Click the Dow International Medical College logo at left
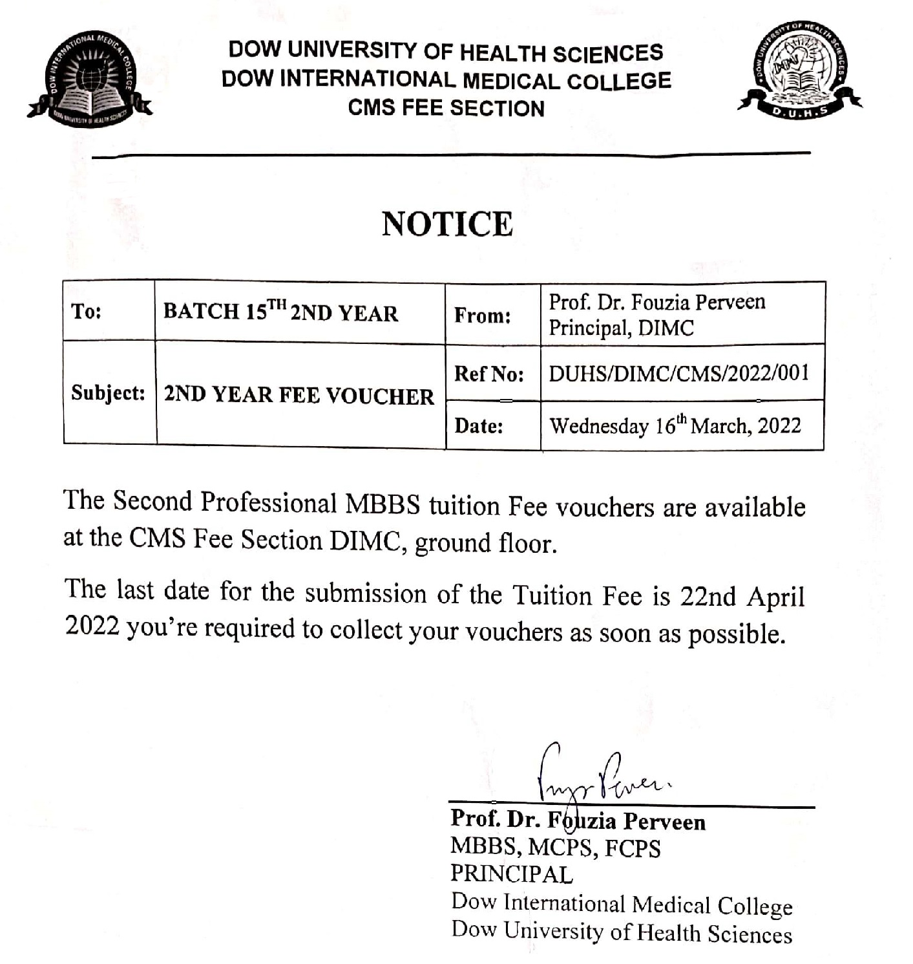(89, 80)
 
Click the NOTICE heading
(447, 224)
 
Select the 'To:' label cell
(87, 312)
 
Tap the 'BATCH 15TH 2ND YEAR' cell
(280, 312)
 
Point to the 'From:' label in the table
(482, 316)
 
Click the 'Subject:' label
(108, 392)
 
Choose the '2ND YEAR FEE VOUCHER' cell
(299, 395)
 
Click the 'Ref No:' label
(488, 373)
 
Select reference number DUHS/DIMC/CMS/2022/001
(678, 373)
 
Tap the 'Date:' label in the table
(479, 425)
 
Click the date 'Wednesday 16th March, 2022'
(675, 425)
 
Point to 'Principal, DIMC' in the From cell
(621, 328)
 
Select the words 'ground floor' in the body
(485, 543)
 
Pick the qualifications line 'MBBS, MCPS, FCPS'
(555, 847)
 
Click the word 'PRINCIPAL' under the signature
(511, 874)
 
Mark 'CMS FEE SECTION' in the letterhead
(446, 108)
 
